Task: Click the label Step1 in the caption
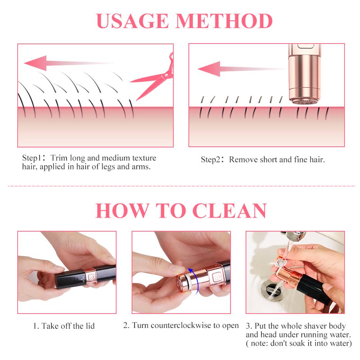tap(32, 158)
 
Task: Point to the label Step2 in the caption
tap(211, 159)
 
